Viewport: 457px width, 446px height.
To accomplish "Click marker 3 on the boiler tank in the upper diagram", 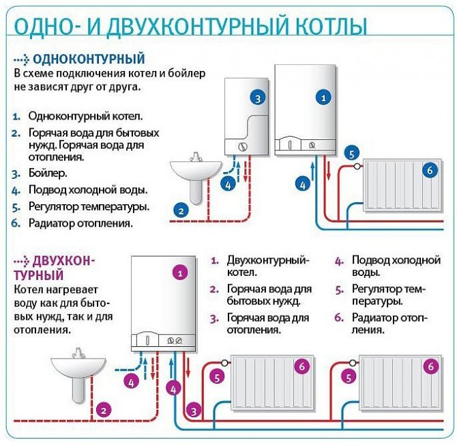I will [x=257, y=98].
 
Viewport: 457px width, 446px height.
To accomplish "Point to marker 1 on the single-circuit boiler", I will [x=323, y=98].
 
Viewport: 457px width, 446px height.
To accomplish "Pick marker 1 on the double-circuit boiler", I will [x=180, y=272].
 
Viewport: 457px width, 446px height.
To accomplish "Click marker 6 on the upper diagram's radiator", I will [x=429, y=171].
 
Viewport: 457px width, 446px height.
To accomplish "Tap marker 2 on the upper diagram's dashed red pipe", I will [x=181, y=210].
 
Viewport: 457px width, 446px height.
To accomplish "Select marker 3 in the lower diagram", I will [x=194, y=410].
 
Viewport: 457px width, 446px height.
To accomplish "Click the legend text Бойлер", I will [x=48, y=173].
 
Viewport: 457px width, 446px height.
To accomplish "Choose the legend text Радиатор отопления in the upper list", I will [x=80, y=223].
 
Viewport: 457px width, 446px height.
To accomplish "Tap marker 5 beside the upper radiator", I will [x=351, y=154].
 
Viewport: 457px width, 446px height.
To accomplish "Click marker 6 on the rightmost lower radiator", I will [x=430, y=367].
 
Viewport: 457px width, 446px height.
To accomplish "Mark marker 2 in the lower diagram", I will [x=103, y=410].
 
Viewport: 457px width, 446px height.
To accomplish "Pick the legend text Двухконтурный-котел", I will [x=267, y=266].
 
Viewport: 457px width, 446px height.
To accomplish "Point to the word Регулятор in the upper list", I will [x=54, y=206].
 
